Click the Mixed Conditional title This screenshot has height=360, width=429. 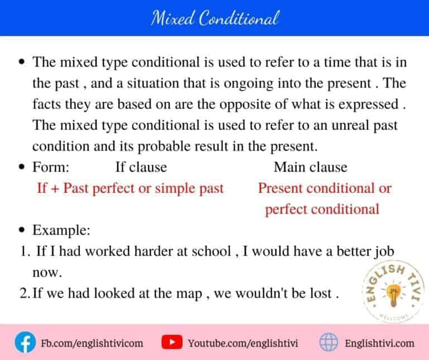[x=214, y=18]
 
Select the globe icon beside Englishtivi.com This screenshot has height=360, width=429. [x=328, y=342]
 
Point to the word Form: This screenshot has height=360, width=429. [x=51, y=167]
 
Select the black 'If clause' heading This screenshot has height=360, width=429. [x=141, y=167]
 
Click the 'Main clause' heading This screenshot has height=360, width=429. [x=310, y=167]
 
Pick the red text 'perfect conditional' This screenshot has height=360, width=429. [x=322, y=209]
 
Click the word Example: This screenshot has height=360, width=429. [x=58, y=230]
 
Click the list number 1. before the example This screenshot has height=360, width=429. [x=25, y=252]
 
